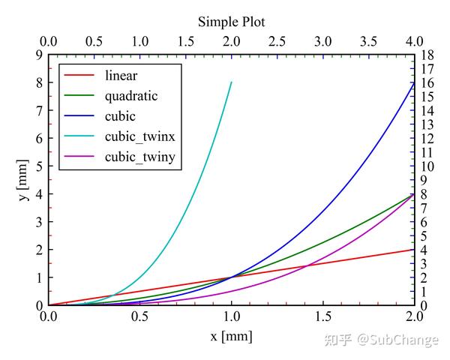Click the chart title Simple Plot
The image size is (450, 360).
pos(231,21)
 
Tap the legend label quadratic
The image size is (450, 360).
pos(132,95)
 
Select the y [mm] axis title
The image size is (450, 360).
pos(24,180)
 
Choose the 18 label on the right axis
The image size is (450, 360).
pos(427,55)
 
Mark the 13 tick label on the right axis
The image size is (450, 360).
pos(427,124)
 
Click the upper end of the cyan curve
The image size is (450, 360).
pos(232,82)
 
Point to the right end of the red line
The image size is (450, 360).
pos(414,250)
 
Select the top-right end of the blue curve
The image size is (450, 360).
pos(414,82)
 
